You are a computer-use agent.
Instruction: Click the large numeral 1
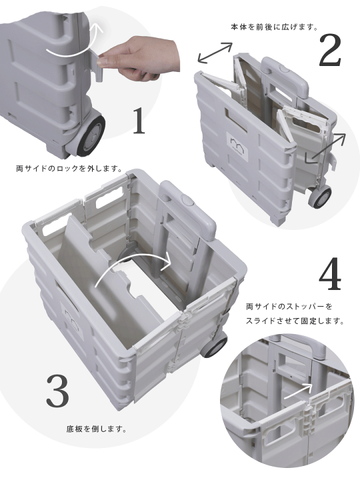point(138,121)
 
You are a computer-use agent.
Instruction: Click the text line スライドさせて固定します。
point(295,321)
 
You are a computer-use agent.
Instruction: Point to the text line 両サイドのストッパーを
point(288,307)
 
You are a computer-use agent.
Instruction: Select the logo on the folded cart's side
point(238,143)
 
